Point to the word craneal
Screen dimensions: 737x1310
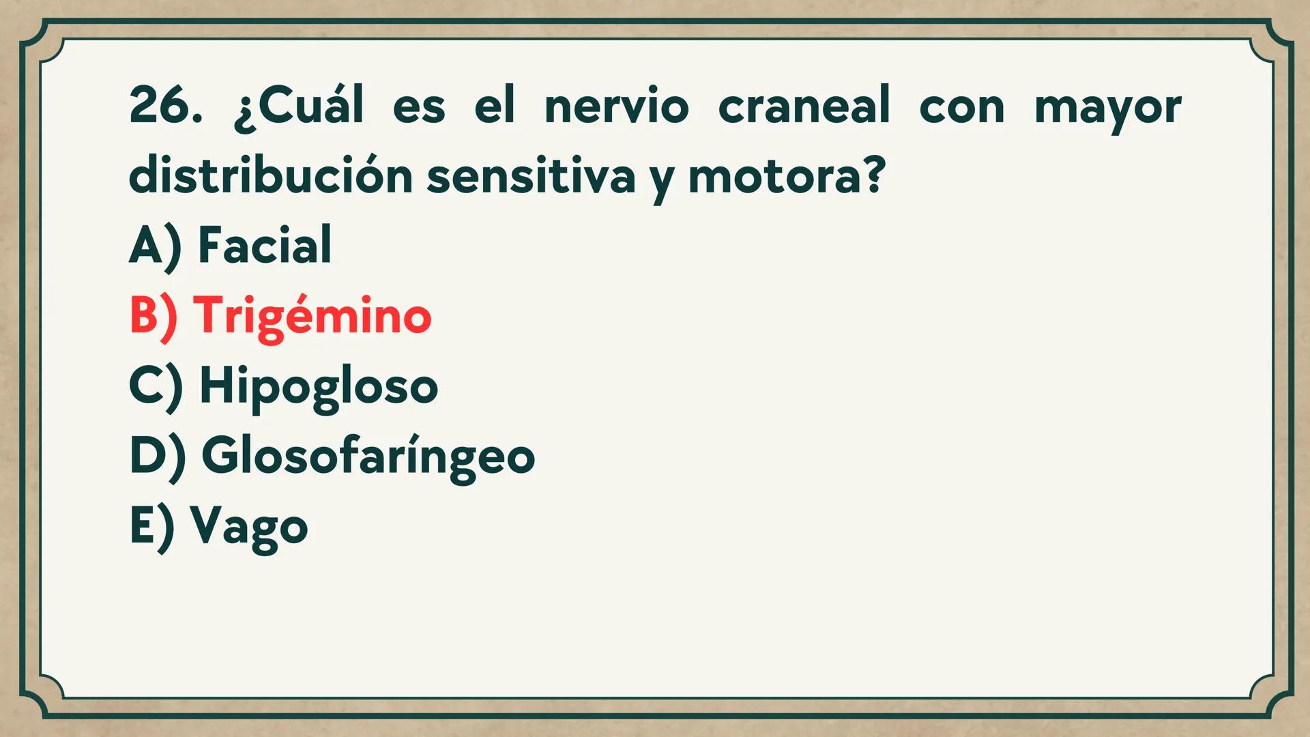[x=804, y=106]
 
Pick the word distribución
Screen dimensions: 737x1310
[x=270, y=175]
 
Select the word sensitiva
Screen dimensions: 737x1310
[x=531, y=175]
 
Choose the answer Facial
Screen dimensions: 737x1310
[x=265, y=245]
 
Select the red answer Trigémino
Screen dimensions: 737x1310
[x=312, y=317]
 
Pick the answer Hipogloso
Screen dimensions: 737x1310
[x=318, y=387]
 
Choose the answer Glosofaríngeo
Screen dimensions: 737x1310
[x=368, y=457]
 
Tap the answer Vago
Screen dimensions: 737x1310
[x=249, y=527]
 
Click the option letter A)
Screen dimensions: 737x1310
[x=156, y=246]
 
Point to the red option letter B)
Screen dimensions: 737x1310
[x=154, y=316]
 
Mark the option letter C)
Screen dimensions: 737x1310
[x=156, y=386]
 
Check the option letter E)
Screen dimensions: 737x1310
[x=152, y=527]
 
